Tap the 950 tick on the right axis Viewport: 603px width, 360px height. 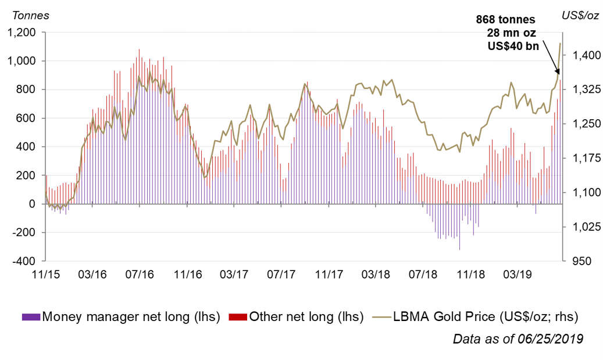[581, 261]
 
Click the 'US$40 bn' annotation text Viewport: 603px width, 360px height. [513, 46]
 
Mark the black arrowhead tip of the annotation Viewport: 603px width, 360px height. [558, 74]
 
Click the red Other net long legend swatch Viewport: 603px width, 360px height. [238, 317]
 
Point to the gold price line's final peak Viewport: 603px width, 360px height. [560, 43]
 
